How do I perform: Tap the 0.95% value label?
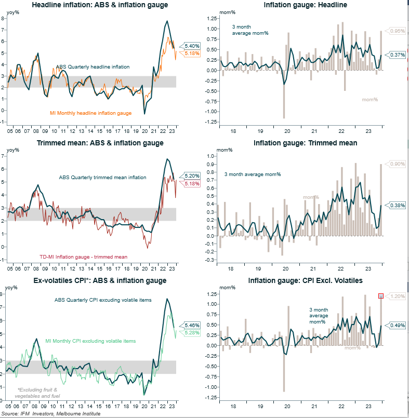397,31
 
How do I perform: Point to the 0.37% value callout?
397,55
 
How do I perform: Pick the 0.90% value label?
397,164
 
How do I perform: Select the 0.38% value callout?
397,205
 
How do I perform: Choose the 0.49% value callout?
397,326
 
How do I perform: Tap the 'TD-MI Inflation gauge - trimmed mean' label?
83,257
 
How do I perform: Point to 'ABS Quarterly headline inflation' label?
93,67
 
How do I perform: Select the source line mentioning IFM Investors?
50,414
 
